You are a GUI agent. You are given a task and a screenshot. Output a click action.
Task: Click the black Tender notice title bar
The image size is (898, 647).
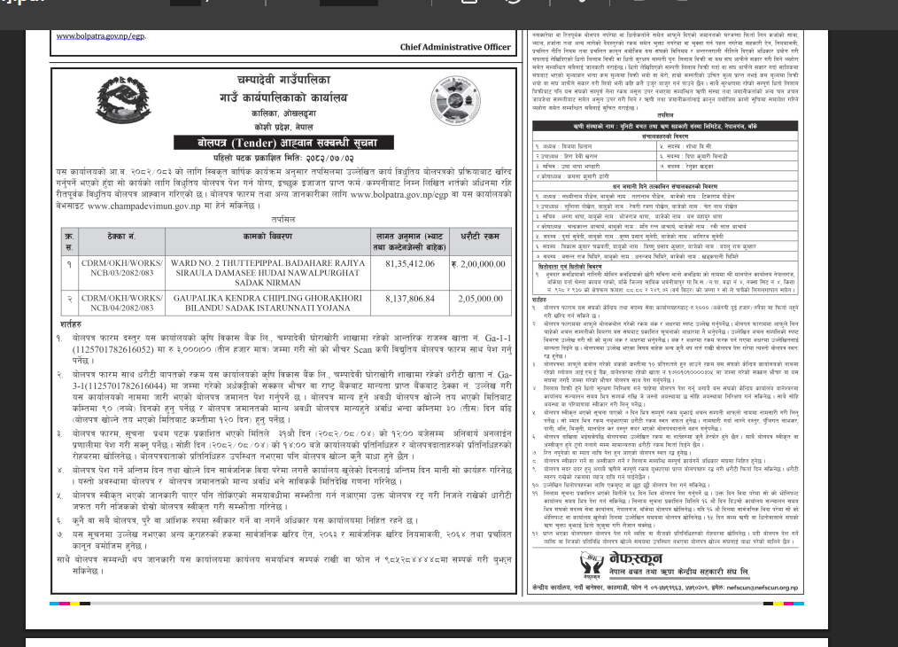click(x=287, y=142)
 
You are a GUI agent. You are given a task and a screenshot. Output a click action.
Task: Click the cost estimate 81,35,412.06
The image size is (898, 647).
click(x=399, y=263)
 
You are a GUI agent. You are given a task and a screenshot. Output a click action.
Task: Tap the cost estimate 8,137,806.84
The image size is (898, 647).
click(x=399, y=300)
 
